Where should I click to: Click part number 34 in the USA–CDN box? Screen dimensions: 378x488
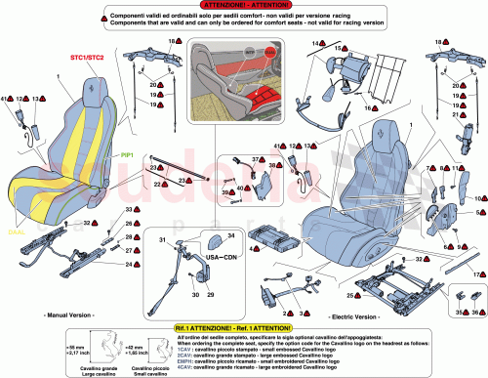pos(231,235)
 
